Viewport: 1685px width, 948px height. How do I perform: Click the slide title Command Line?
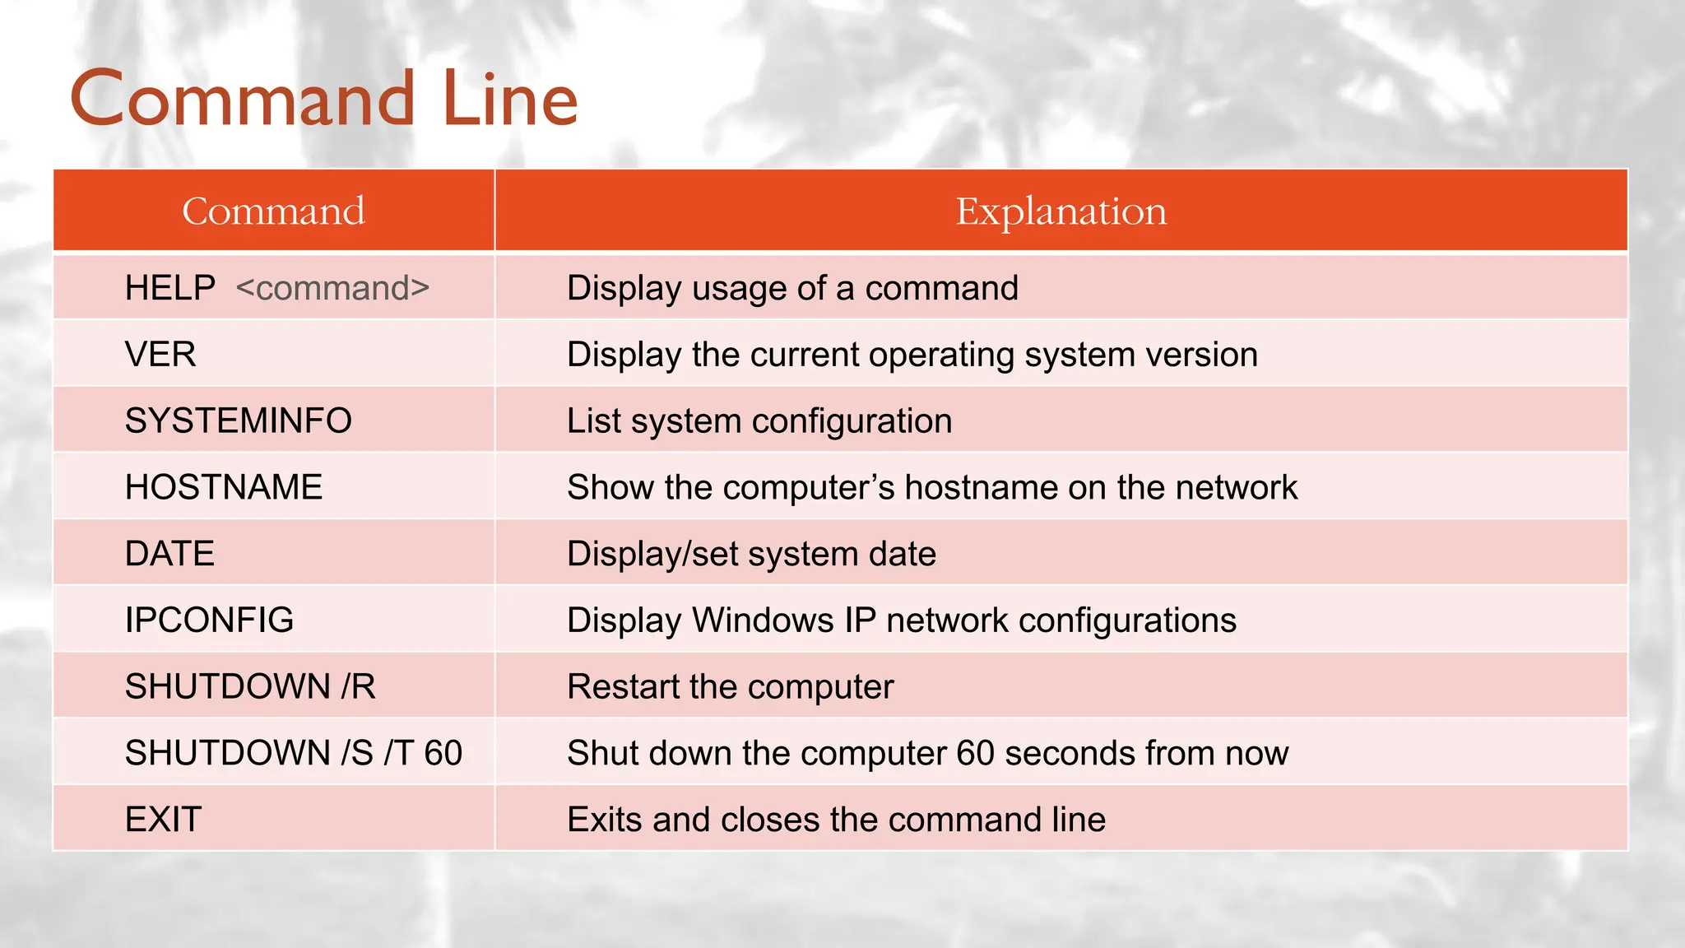[324, 100]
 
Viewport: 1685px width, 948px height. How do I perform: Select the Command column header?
[273, 211]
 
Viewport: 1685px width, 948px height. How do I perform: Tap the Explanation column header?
[1061, 211]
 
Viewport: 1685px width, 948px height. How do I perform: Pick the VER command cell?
[160, 355]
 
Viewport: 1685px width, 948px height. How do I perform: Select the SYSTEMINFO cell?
[238, 421]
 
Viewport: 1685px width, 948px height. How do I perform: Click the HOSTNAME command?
[223, 487]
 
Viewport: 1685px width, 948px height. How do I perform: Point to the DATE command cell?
[169, 554]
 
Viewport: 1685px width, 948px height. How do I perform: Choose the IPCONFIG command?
[209, 620]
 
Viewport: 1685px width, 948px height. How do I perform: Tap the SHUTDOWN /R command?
[250, 687]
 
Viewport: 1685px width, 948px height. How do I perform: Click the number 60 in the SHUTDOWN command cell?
[443, 753]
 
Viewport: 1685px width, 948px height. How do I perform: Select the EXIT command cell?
[163, 820]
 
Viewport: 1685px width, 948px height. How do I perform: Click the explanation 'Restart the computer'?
[730, 687]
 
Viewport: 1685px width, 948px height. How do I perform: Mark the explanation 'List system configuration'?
[759, 421]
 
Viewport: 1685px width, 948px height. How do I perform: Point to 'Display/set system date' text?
[751, 554]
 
